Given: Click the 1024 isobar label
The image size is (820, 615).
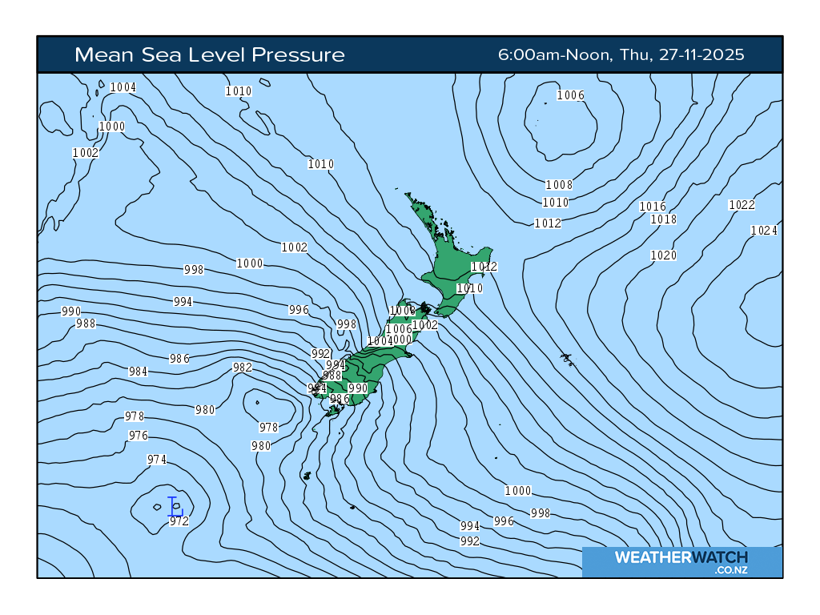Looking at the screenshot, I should (x=764, y=231).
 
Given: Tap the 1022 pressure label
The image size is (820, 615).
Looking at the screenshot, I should (x=742, y=205).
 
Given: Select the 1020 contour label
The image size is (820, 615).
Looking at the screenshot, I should (x=663, y=255).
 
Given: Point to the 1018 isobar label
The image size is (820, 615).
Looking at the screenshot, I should (x=663, y=219).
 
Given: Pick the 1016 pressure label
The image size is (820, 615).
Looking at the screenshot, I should (x=653, y=207).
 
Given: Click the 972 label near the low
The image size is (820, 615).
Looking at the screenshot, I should (x=179, y=521).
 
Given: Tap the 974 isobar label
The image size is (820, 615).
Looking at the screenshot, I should (x=157, y=460).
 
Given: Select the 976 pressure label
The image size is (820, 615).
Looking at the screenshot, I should (x=139, y=436).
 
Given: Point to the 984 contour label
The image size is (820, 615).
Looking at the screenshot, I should (x=139, y=372).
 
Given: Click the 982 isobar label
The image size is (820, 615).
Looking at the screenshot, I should (x=243, y=368).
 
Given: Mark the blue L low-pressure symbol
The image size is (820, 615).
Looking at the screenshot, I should (x=175, y=506).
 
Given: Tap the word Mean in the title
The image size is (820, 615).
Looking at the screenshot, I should (x=100, y=55).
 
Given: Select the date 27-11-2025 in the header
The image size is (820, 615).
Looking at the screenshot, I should (x=702, y=55).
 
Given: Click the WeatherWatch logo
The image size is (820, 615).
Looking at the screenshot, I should (x=681, y=557).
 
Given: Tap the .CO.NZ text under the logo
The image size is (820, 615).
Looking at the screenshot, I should (x=731, y=570).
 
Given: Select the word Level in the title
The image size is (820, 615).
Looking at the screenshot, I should (x=217, y=55).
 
